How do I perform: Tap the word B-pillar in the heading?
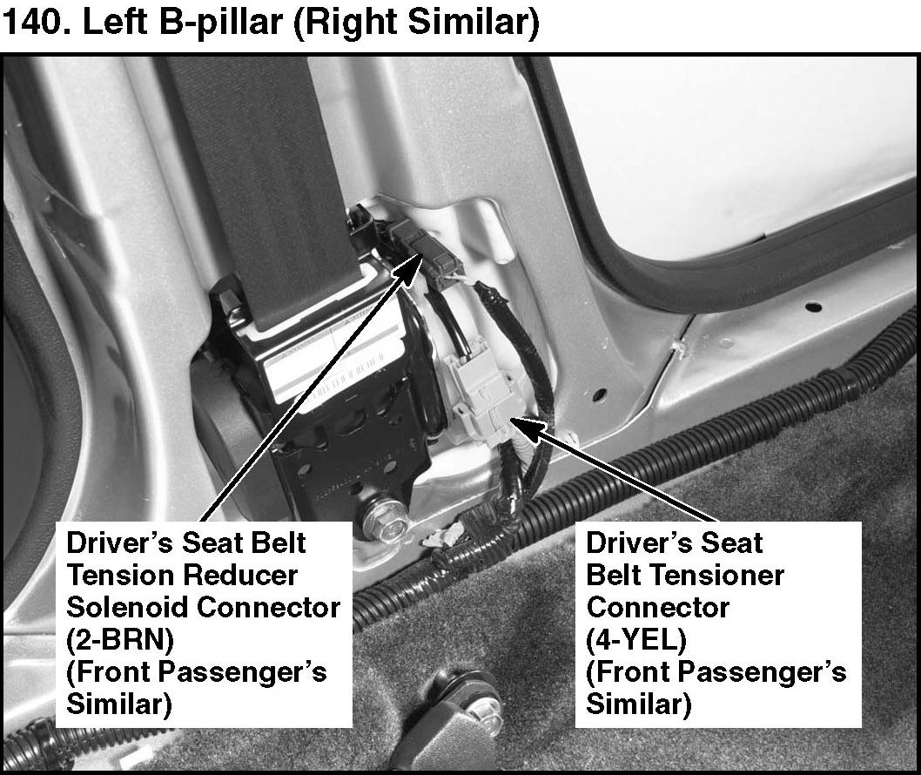229,24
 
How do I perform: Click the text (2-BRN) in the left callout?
120,640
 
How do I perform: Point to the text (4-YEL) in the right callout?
636,640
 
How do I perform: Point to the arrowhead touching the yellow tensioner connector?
525,428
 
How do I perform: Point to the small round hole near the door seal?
813,307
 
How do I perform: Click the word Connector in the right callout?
658,607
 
